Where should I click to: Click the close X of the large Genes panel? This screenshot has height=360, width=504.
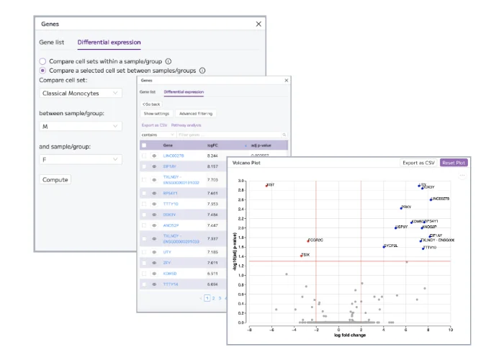[x=259, y=24]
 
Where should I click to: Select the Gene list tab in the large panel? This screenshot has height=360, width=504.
[x=51, y=42]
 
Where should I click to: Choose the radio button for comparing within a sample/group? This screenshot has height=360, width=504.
[x=43, y=61]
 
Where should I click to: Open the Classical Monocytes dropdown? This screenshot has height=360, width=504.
[x=81, y=93]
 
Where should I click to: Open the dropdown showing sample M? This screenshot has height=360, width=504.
[x=81, y=126]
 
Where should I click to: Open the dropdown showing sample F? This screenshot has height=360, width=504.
[x=81, y=160]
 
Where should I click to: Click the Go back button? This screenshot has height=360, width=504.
[x=151, y=104]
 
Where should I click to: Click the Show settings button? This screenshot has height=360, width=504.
[x=156, y=114]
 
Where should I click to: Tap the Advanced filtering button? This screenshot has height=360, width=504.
[x=195, y=114]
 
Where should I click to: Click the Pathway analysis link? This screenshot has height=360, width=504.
[x=186, y=125]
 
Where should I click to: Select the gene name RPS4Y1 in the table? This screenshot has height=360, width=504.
[x=170, y=193]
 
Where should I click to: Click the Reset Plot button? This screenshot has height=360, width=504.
[x=454, y=163]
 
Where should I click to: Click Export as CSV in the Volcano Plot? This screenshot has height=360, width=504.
[x=419, y=163]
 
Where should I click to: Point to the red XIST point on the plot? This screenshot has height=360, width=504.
[x=266, y=185]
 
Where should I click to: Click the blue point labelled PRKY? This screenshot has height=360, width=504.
[x=402, y=207]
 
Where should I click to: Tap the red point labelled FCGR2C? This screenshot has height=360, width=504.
[x=308, y=240]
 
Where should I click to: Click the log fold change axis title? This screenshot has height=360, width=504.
[x=351, y=336]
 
